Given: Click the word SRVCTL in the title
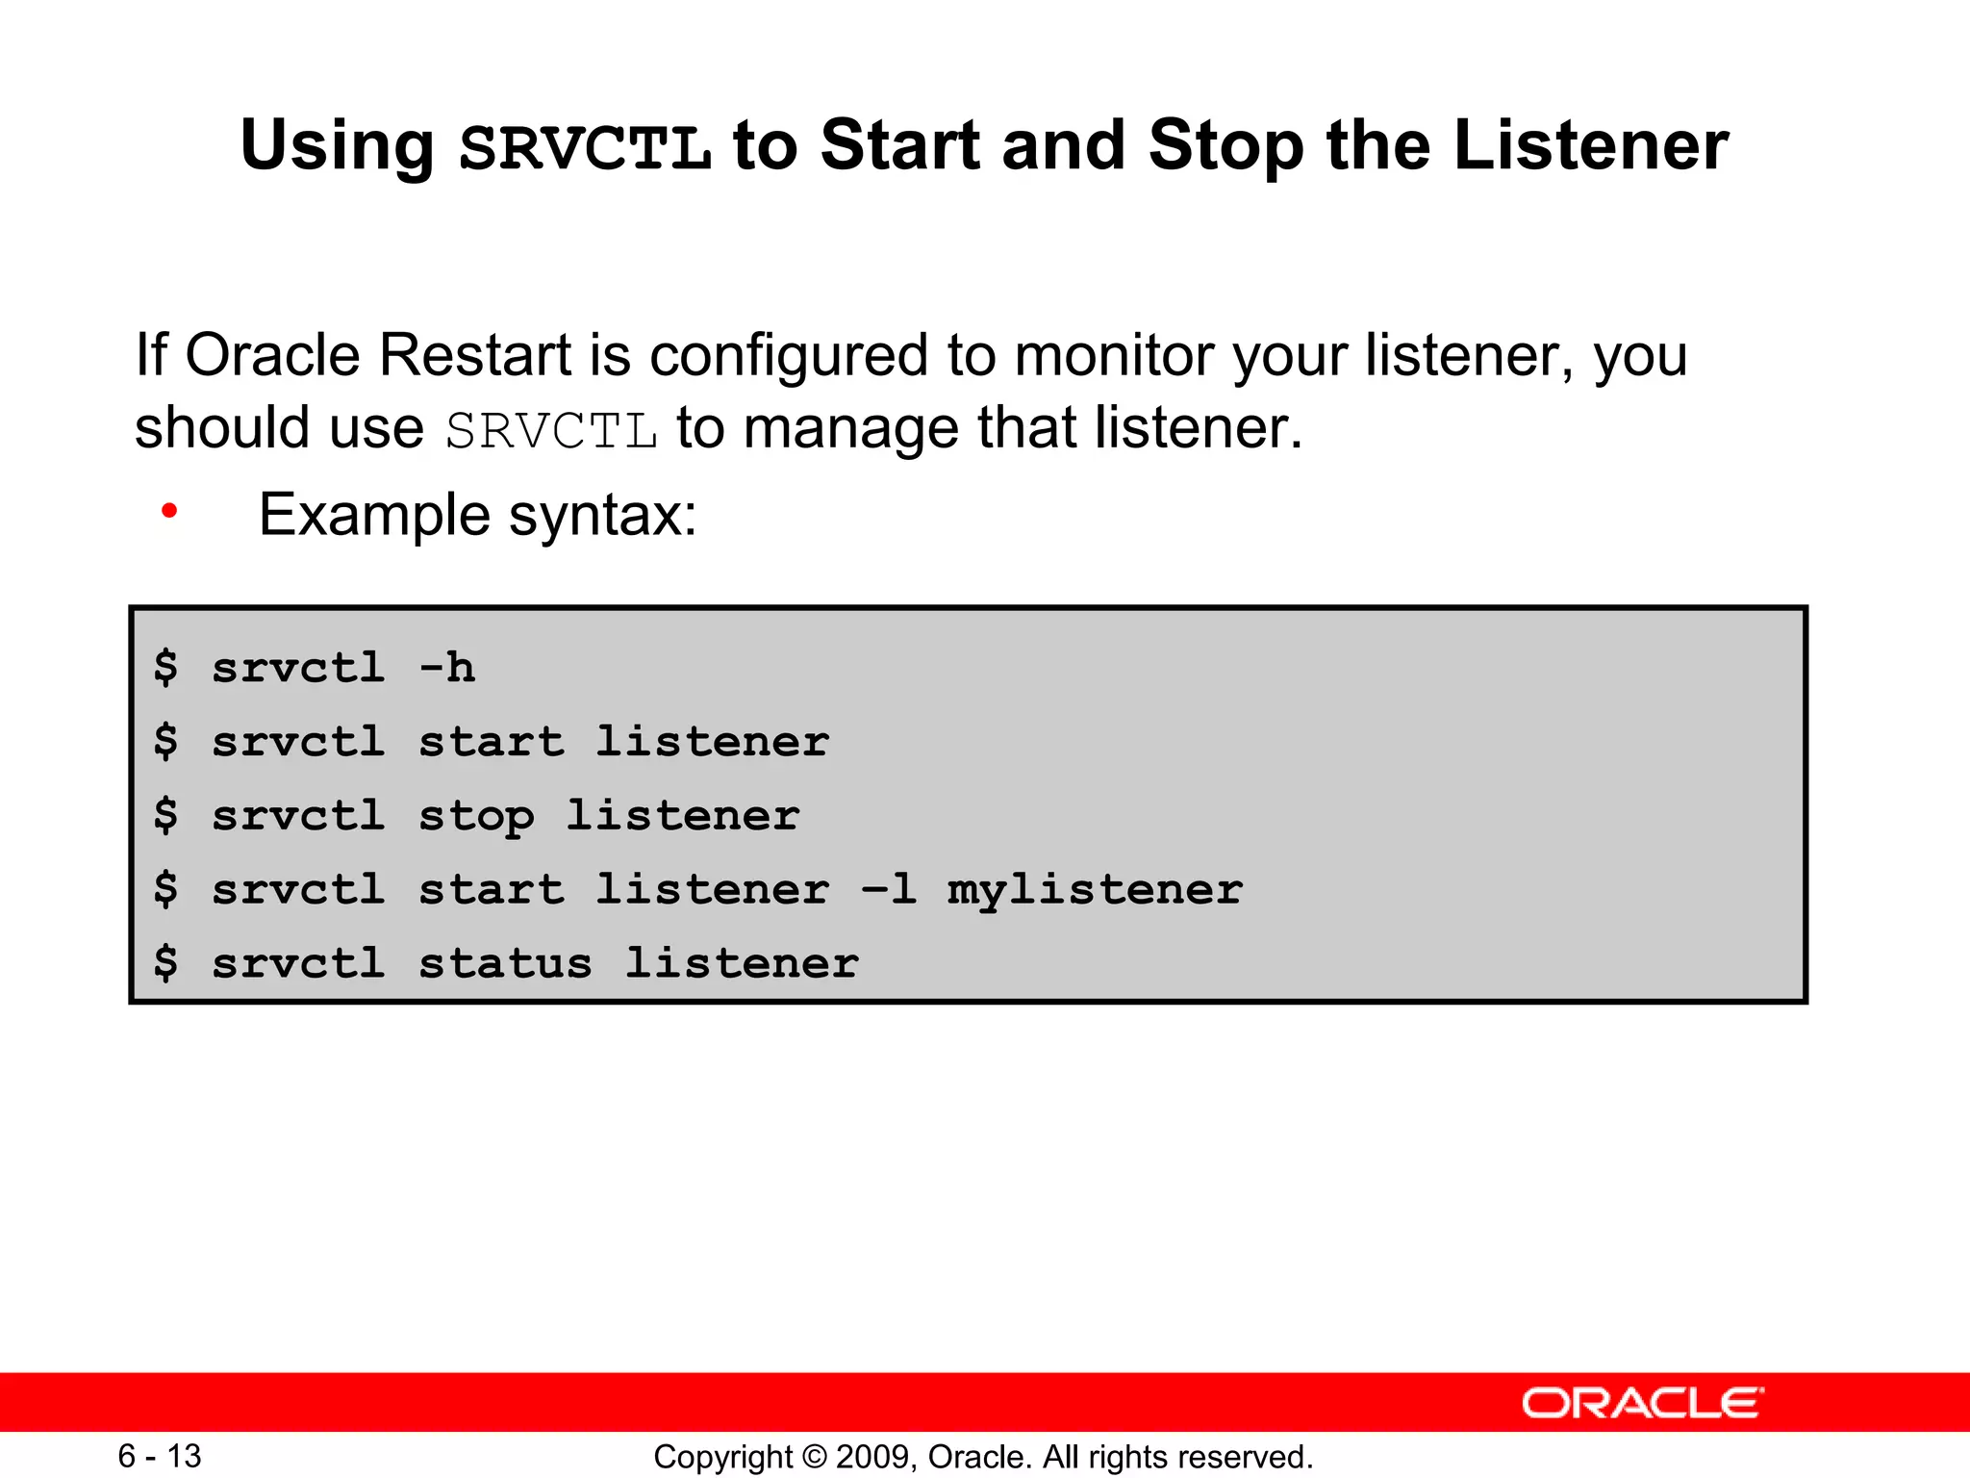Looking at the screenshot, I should [585, 148].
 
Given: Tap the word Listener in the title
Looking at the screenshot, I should [1591, 146].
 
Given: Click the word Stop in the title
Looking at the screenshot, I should [1226, 148].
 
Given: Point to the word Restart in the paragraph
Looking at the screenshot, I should [475, 355].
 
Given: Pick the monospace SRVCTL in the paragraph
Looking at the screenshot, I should [551, 430].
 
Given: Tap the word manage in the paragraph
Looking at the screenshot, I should [850, 430].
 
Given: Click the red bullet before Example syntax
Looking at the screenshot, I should [169, 511].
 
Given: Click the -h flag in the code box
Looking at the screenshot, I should [447, 668].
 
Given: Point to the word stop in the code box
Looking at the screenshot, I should [476, 817].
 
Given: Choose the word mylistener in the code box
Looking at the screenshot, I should [1095, 890].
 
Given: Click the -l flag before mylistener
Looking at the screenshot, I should [888, 889].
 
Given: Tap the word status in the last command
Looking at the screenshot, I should [505, 963].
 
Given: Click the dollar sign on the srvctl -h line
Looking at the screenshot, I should [165, 668].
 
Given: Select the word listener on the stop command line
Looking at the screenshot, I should [682, 815].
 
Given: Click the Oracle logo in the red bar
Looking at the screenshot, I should [1642, 1403].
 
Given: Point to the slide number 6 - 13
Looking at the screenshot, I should [159, 1456].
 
